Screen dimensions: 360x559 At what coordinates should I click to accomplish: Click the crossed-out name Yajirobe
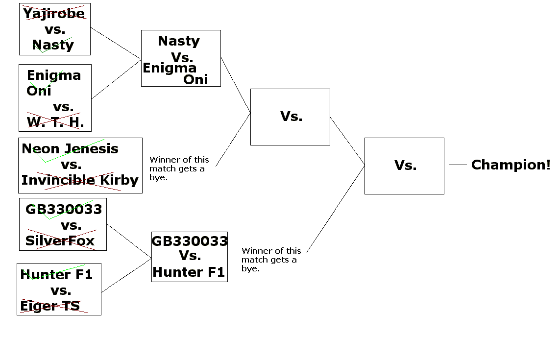(54, 13)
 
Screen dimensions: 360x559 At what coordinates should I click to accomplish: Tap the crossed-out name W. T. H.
(55, 122)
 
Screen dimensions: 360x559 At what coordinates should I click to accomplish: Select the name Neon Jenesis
(70, 148)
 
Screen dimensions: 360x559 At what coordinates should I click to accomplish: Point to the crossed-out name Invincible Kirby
(80, 180)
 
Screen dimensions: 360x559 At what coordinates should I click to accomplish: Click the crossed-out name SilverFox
(60, 240)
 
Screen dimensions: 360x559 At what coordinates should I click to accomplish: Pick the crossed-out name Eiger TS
(50, 306)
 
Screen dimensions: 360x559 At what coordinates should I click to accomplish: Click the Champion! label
(510, 165)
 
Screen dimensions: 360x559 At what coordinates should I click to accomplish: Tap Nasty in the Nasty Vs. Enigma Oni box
(179, 41)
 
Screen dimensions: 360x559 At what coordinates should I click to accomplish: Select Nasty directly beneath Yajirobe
(53, 45)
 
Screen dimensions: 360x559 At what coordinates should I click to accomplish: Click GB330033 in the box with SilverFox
(64, 210)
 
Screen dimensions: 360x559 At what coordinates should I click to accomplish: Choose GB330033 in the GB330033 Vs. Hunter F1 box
(190, 241)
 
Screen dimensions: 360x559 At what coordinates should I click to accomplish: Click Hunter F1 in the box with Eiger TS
(56, 275)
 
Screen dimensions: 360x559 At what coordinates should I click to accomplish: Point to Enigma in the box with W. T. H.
(54, 75)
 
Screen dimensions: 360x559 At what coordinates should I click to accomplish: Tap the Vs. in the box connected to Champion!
(405, 166)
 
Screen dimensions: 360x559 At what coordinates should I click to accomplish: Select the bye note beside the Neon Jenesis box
(179, 168)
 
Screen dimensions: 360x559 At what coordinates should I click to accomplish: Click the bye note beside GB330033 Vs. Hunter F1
(271, 260)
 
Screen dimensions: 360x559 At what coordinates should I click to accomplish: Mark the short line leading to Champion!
(458, 165)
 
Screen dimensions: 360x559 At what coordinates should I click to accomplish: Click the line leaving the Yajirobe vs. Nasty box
(116, 43)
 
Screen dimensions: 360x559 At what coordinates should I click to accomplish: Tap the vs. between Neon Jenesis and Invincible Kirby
(71, 165)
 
